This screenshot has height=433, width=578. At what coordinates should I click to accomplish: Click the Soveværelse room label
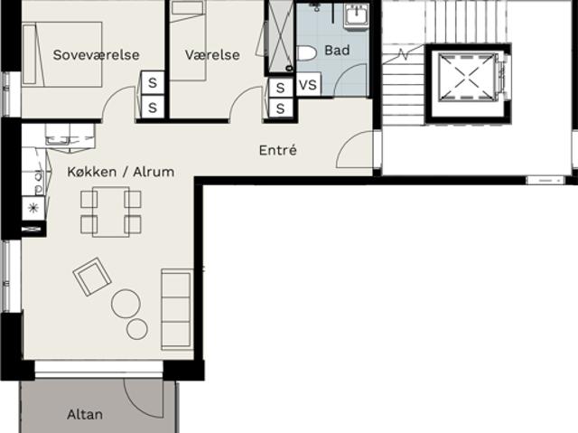(x=97, y=55)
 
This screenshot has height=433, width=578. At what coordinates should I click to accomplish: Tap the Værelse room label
(x=212, y=55)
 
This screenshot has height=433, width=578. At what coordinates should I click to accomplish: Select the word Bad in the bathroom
(x=337, y=50)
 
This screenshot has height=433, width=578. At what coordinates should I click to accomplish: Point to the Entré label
(x=278, y=150)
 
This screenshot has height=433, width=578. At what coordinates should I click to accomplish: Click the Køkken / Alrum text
(x=120, y=172)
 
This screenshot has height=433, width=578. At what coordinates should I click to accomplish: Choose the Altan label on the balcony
(x=85, y=415)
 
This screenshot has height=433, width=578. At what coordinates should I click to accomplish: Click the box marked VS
(x=309, y=84)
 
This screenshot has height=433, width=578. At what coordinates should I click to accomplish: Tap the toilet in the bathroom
(x=306, y=53)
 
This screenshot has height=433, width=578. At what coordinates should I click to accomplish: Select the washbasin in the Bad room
(x=357, y=16)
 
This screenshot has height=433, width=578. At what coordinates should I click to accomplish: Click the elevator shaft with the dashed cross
(x=466, y=77)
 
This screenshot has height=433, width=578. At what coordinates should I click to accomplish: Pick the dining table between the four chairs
(x=110, y=212)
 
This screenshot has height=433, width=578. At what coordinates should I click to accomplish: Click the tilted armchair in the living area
(x=92, y=277)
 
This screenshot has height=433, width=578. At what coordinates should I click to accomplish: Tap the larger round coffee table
(x=126, y=304)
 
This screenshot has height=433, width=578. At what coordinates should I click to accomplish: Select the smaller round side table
(x=137, y=329)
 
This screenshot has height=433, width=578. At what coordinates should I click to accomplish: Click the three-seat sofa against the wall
(x=177, y=309)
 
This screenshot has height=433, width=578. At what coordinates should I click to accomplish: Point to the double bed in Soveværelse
(x=62, y=54)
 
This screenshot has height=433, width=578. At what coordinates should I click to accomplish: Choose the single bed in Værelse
(x=187, y=41)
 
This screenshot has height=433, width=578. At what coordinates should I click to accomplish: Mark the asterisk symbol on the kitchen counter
(x=33, y=209)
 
